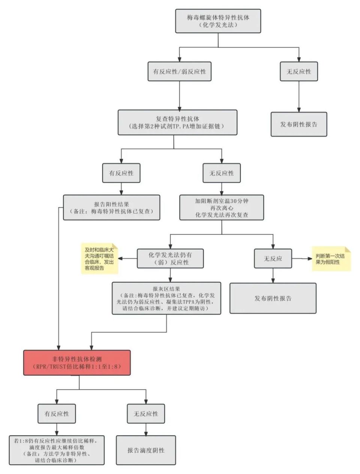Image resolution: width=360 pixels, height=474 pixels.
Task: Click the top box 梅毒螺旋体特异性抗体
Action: click(x=218, y=21)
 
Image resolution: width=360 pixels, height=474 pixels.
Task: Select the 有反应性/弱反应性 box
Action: click(x=179, y=71)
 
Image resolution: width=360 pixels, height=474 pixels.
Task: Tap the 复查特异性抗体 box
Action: click(x=177, y=122)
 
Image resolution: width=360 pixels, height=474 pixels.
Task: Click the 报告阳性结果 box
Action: click(x=111, y=207)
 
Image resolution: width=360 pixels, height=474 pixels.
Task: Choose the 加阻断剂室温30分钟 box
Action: click(x=221, y=207)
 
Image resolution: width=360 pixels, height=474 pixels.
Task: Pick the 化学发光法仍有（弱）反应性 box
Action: click(x=170, y=258)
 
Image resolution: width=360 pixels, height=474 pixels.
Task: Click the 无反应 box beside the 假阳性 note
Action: click(x=273, y=258)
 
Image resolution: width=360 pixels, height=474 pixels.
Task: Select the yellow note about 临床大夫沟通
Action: click(x=100, y=259)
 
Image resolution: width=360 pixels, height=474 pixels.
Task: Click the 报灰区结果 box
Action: click(x=166, y=298)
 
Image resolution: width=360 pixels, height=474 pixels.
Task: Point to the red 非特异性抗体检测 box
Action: click(x=77, y=363)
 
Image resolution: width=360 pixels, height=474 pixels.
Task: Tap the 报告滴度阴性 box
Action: click(x=146, y=450)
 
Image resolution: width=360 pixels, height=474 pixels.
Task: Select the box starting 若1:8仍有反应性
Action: click(x=57, y=450)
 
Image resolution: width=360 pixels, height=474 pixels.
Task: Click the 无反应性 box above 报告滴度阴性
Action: click(x=146, y=414)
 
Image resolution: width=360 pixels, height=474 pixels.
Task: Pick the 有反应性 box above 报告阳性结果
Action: click(x=121, y=173)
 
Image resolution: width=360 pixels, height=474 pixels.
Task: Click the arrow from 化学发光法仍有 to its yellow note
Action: click(x=127, y=258)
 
